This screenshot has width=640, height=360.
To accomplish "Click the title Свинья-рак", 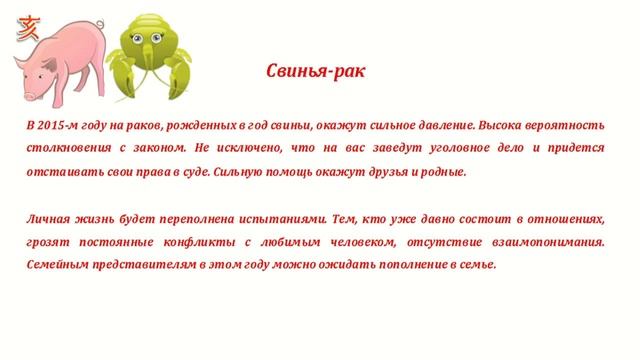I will click(x=322, y=73).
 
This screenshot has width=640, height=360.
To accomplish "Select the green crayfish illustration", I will click(x=151, y=61).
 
